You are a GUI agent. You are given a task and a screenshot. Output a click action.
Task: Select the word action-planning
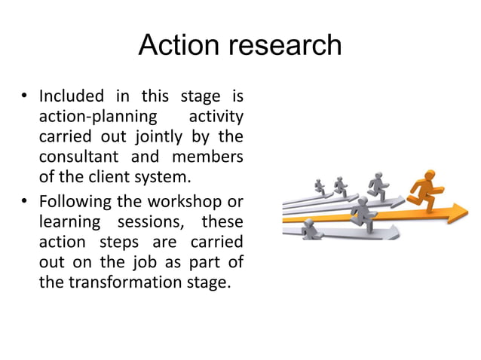point(98,118)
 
